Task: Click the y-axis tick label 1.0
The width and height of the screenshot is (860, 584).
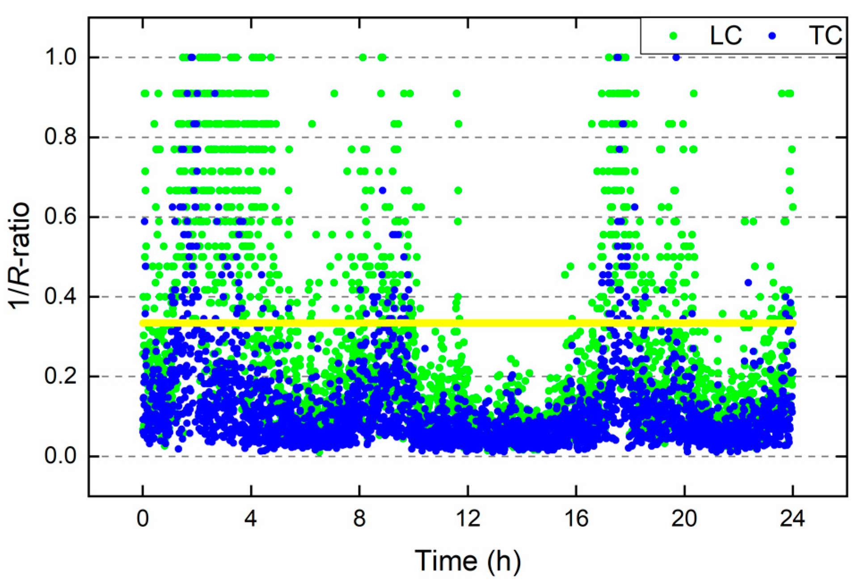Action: point(60,57)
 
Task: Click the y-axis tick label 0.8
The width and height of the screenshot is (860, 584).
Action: point(60,137)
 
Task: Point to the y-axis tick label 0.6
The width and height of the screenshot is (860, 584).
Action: point(60,217)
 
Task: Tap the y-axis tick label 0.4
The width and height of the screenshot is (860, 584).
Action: point(60,297)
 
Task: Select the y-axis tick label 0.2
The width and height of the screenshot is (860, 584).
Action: point(60,376)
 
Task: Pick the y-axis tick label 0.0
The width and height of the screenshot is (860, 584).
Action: point(60,456)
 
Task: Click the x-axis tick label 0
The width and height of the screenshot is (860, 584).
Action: point(143,519)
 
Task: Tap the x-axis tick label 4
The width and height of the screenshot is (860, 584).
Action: point(251,519)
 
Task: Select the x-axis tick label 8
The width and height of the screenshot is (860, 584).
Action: point(359,519)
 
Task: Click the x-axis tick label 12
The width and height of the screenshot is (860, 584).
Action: point(468,519)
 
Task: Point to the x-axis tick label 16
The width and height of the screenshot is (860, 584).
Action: point(576,519)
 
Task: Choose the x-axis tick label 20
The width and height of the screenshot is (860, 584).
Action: point(684,519)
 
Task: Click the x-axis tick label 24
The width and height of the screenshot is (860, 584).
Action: point(793,519)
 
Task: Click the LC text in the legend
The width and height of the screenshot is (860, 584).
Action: point(726,35)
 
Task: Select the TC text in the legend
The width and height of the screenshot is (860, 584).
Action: point(825,35)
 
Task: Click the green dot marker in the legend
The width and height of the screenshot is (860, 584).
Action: point(673,36)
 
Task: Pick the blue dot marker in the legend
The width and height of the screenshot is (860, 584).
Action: point(772,36)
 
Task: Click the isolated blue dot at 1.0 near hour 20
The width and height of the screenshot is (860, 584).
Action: point(676,57)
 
